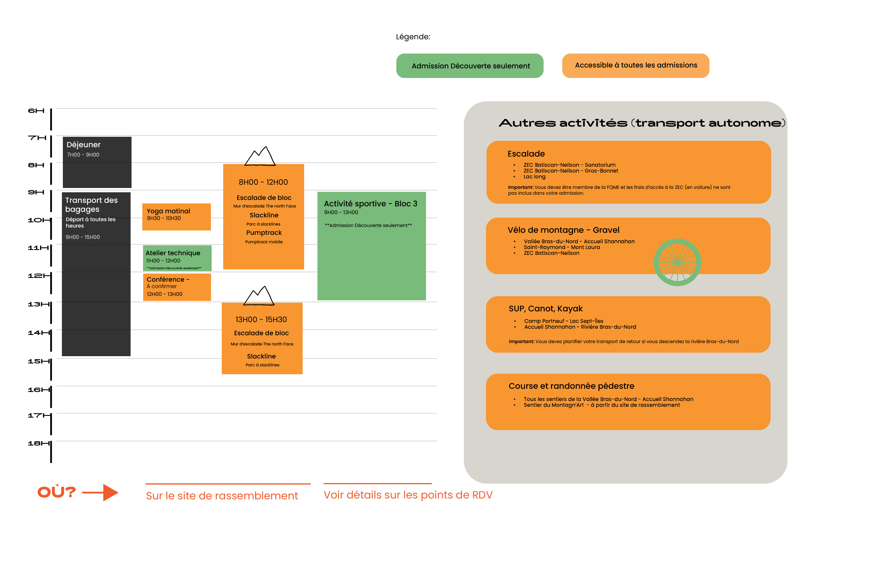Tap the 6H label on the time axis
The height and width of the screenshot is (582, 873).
click(x=36, y=111)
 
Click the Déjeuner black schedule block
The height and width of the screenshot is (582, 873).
click(x=97, y=162)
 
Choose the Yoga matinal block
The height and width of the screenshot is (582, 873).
click(x=176, y=217)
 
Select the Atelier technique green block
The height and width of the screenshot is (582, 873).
click(x=177, y=258)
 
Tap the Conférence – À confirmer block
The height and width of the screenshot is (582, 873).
click(x=177, y=287)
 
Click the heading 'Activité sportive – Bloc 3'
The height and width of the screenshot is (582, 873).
click(x=370, y=204)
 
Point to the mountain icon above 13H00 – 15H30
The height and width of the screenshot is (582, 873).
click(x=259, y=296)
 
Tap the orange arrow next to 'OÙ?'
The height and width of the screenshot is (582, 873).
click(x=100, y=493)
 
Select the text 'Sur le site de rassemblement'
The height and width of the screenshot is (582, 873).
click(x=222, y=496)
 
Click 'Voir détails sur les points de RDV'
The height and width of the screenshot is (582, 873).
click(x=408, y=495)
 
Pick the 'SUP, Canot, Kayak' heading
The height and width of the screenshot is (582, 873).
click(x=545, y=308)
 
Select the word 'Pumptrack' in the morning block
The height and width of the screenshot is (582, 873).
click(x=264, y=233)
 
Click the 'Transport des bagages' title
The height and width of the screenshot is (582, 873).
click(x=91, y=205)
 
